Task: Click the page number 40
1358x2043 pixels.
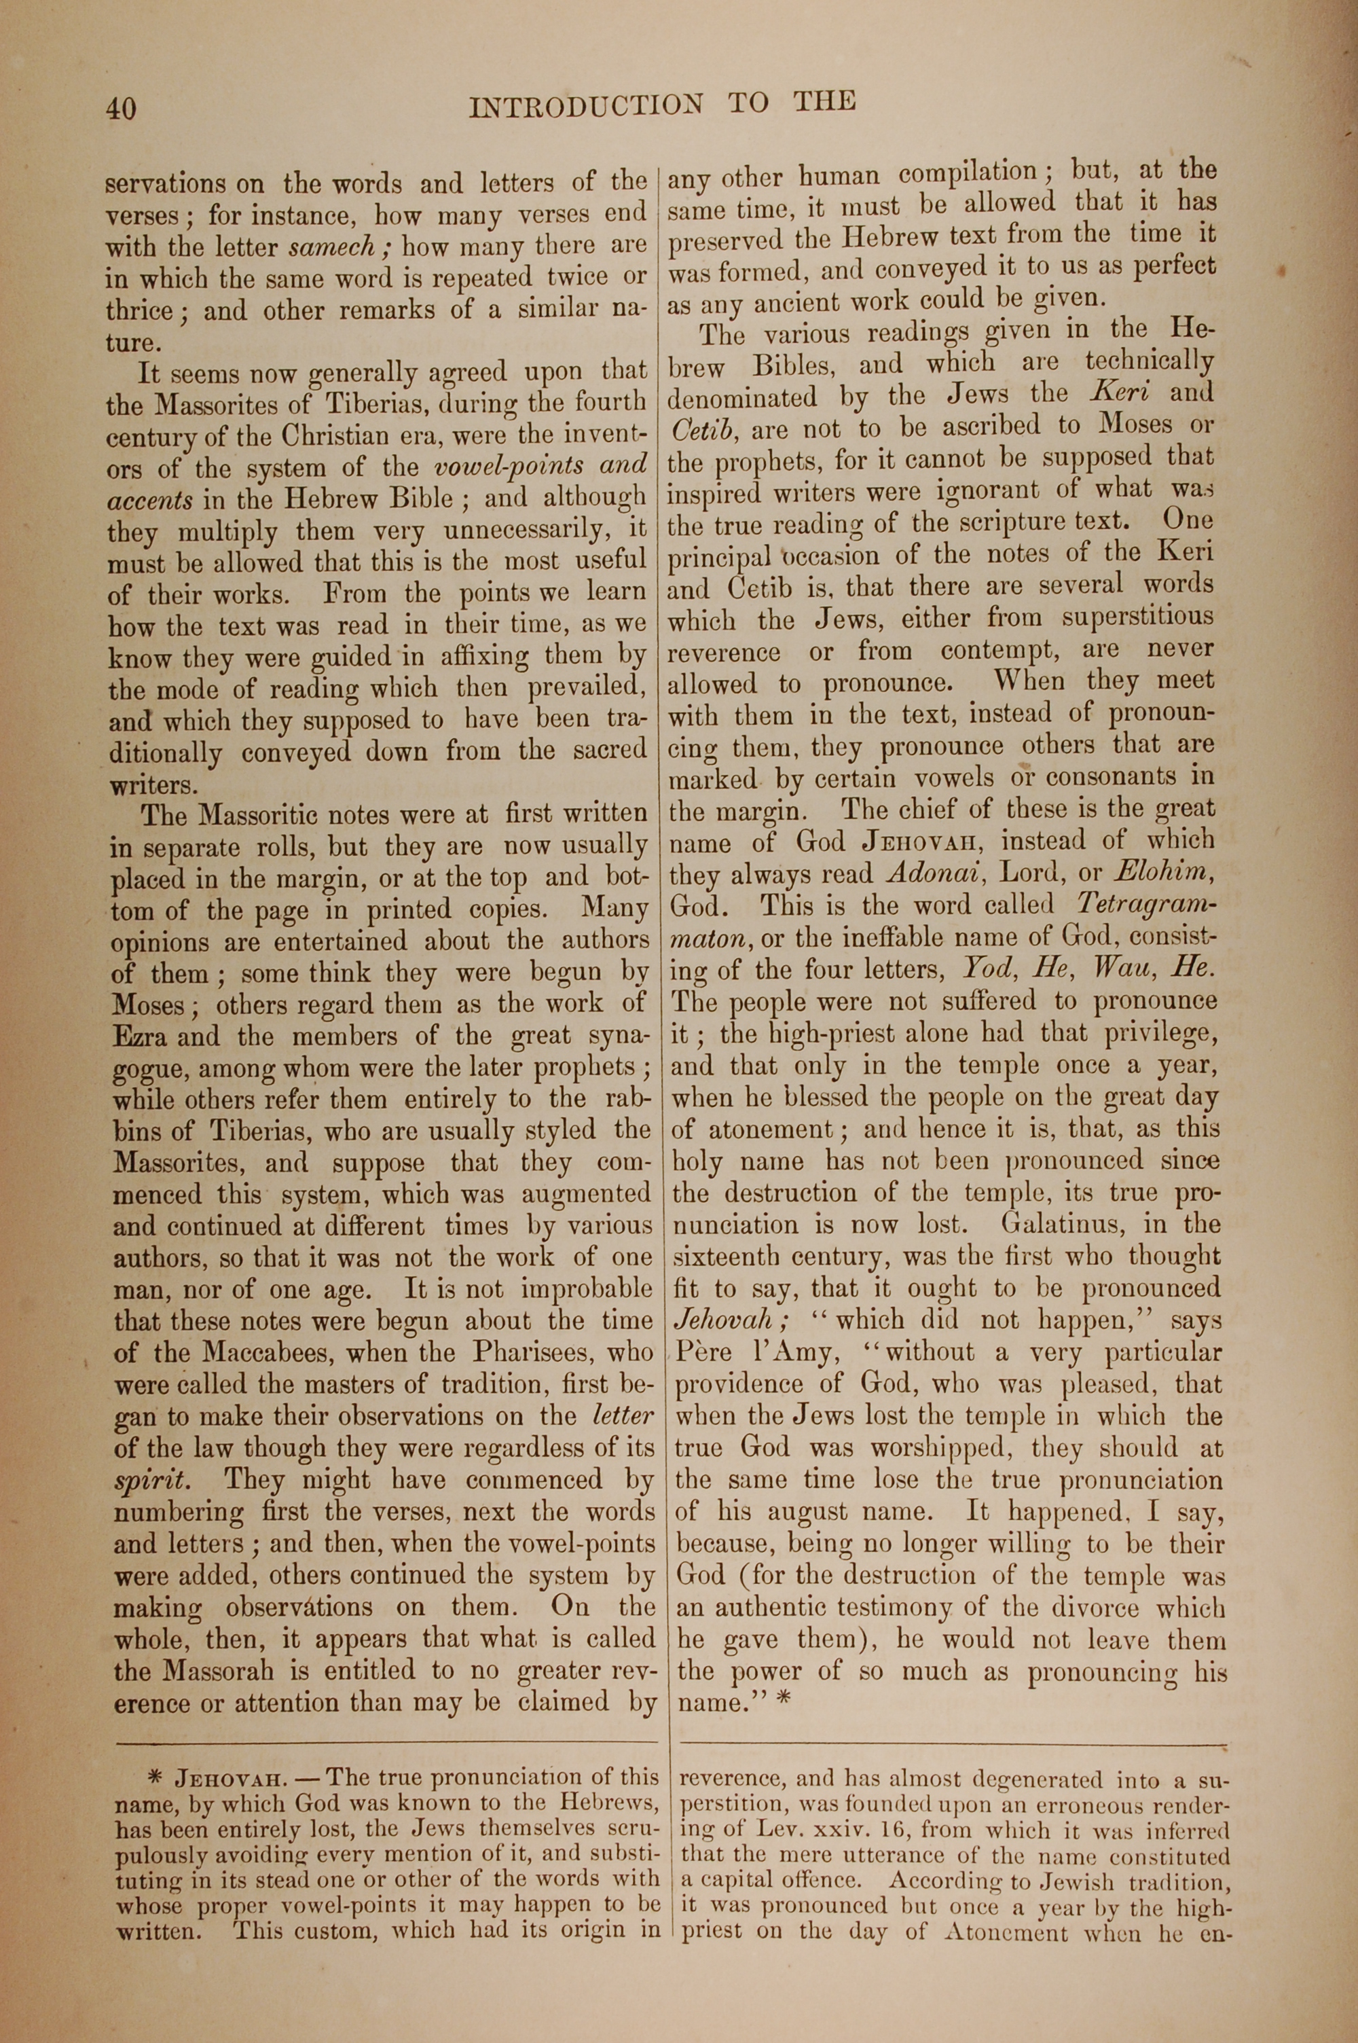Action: [x=120, y=108]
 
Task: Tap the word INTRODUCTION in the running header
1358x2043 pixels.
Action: [x=585, y=106]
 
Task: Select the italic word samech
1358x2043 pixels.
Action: [x=333, y=249]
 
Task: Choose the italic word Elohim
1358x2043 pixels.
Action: [x=1160, y=871]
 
